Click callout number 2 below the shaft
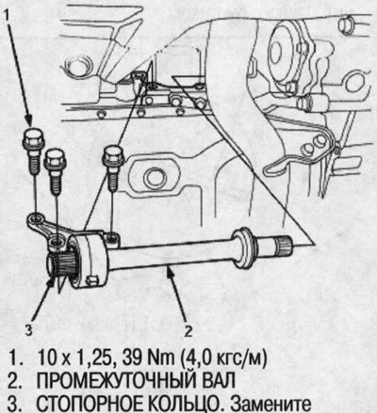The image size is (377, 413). pyautogui.click(x=188, y=330)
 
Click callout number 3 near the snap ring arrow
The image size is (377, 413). pyautogui.click(x=29, y=330)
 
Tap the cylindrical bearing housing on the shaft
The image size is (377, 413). pyautogui.click(x=90, y=259)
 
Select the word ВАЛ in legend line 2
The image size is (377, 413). pyautogui.click(x=217, y=381)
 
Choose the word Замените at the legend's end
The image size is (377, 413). pyautogui.click(x=270, y=404)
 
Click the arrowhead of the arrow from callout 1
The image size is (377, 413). pyautogui.click(x=28, y=120)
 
